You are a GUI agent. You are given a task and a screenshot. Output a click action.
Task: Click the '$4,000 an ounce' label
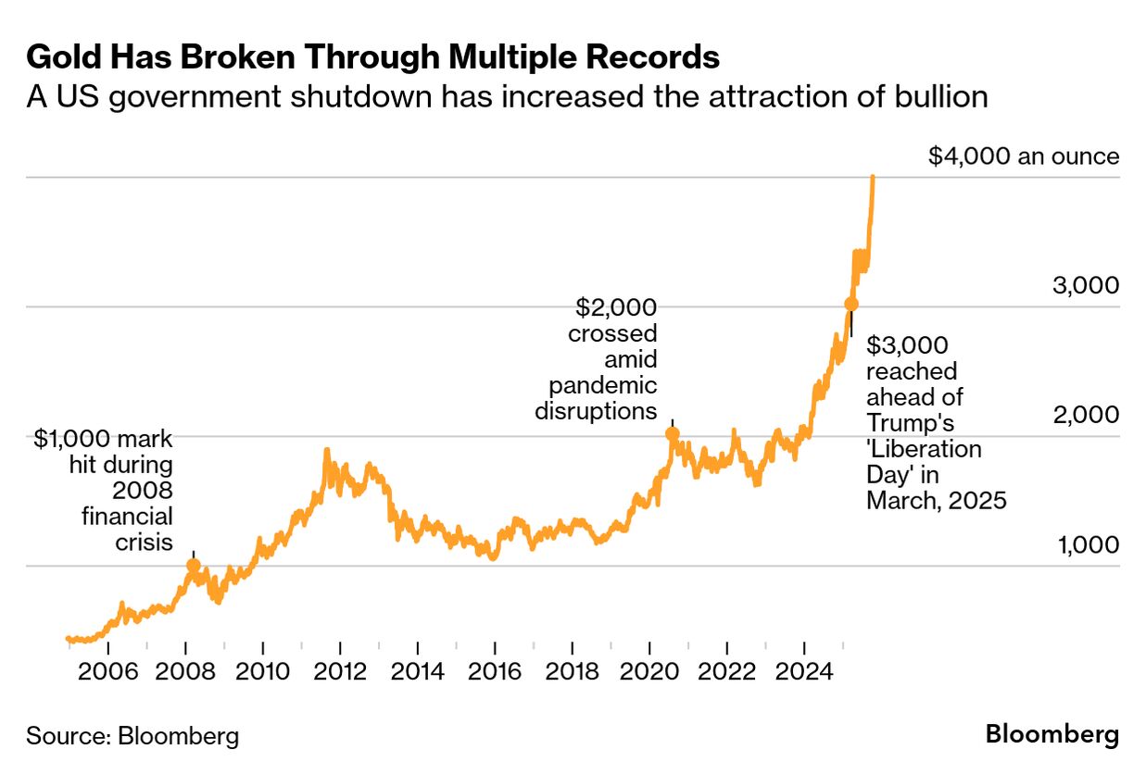[1024, 156]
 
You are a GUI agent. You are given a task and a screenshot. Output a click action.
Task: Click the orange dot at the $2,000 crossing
[673, 433]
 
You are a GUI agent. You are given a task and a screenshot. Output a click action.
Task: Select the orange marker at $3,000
[851, 304]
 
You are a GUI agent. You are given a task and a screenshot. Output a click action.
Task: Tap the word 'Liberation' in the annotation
[924, 449]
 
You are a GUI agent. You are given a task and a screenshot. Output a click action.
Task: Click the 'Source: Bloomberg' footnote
[132, 736]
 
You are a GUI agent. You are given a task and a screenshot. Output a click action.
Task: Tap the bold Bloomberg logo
[1052, 735]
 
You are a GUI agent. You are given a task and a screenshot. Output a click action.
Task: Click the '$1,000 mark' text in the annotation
[104, 439]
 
